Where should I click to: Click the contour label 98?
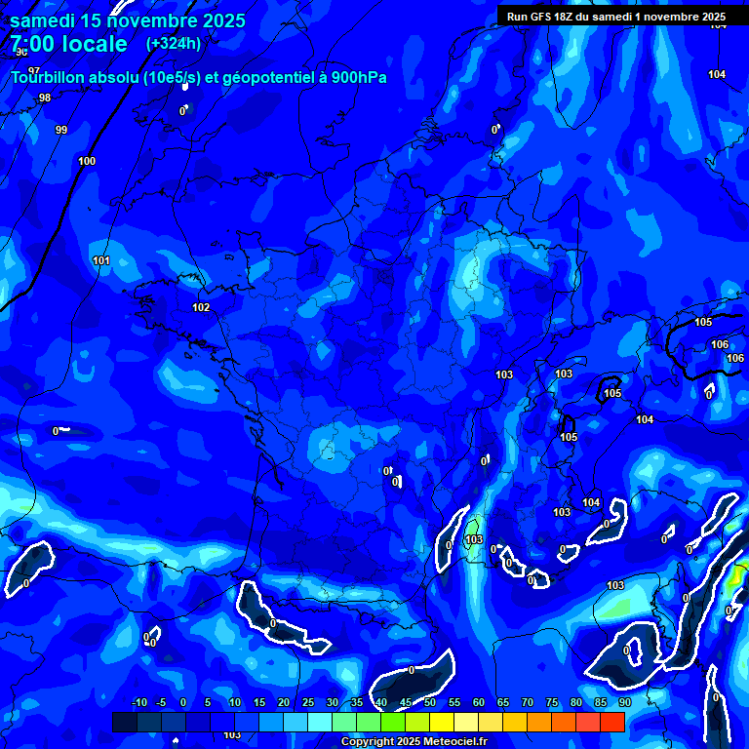[x=45, y=99]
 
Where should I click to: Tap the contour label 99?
[x=61, y=130]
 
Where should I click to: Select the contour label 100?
[x=87, y=161]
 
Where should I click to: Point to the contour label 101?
[x=101, y=260]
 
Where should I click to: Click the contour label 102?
[x=201, y=307]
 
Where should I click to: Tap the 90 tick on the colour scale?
[x=624, y=702]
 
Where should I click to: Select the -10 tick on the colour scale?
[x=138, y=702]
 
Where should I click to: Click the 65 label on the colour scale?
[x=503, y=702]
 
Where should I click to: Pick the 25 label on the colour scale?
[x=308, y=702]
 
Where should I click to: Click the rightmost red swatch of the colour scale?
[x=611, y=722]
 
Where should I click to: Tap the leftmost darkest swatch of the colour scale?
[x=124, y=722]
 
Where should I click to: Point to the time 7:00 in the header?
[x=37, y=44]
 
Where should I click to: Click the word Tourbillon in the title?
[x=49, y=77]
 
